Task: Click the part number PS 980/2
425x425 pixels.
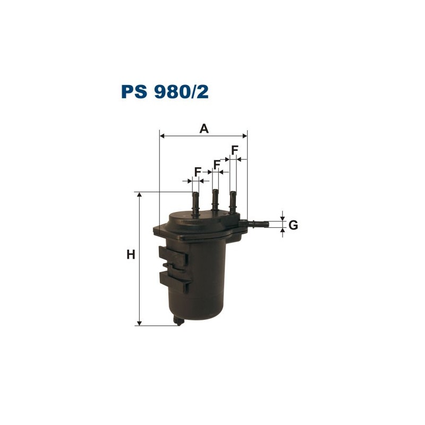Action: click(x=165, y=91)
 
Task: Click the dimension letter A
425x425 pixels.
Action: click(x=203, y=128)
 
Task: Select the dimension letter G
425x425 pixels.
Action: click(x=293, y=225)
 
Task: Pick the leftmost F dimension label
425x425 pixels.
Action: click(x=198, y=172)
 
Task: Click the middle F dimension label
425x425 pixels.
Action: click(x=217, y=164)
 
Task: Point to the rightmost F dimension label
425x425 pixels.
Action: click(x=234, y=150)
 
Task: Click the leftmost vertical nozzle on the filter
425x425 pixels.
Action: click(x=195, y=202)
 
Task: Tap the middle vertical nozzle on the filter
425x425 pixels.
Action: click(x=215, y=200)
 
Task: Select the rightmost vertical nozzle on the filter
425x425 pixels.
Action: click(x=233, y=201)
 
